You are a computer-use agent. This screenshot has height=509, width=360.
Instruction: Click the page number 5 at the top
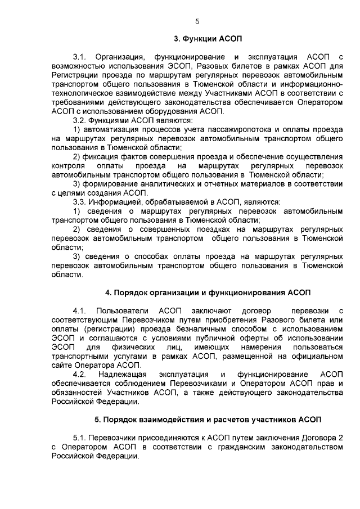click(x=197, y=21)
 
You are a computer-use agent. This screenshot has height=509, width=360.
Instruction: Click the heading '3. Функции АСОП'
click(x=208, y=39)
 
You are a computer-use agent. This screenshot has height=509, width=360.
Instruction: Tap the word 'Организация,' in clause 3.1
click(x=120, y=57)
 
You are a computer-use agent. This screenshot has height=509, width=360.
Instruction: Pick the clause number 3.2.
click(x=79, y=120)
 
